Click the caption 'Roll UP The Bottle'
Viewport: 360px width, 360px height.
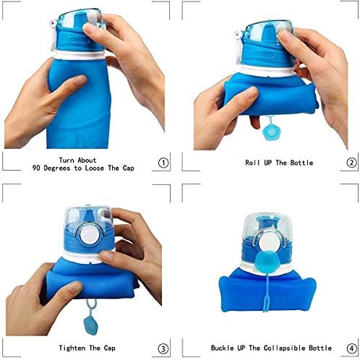(x=269, y=163)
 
